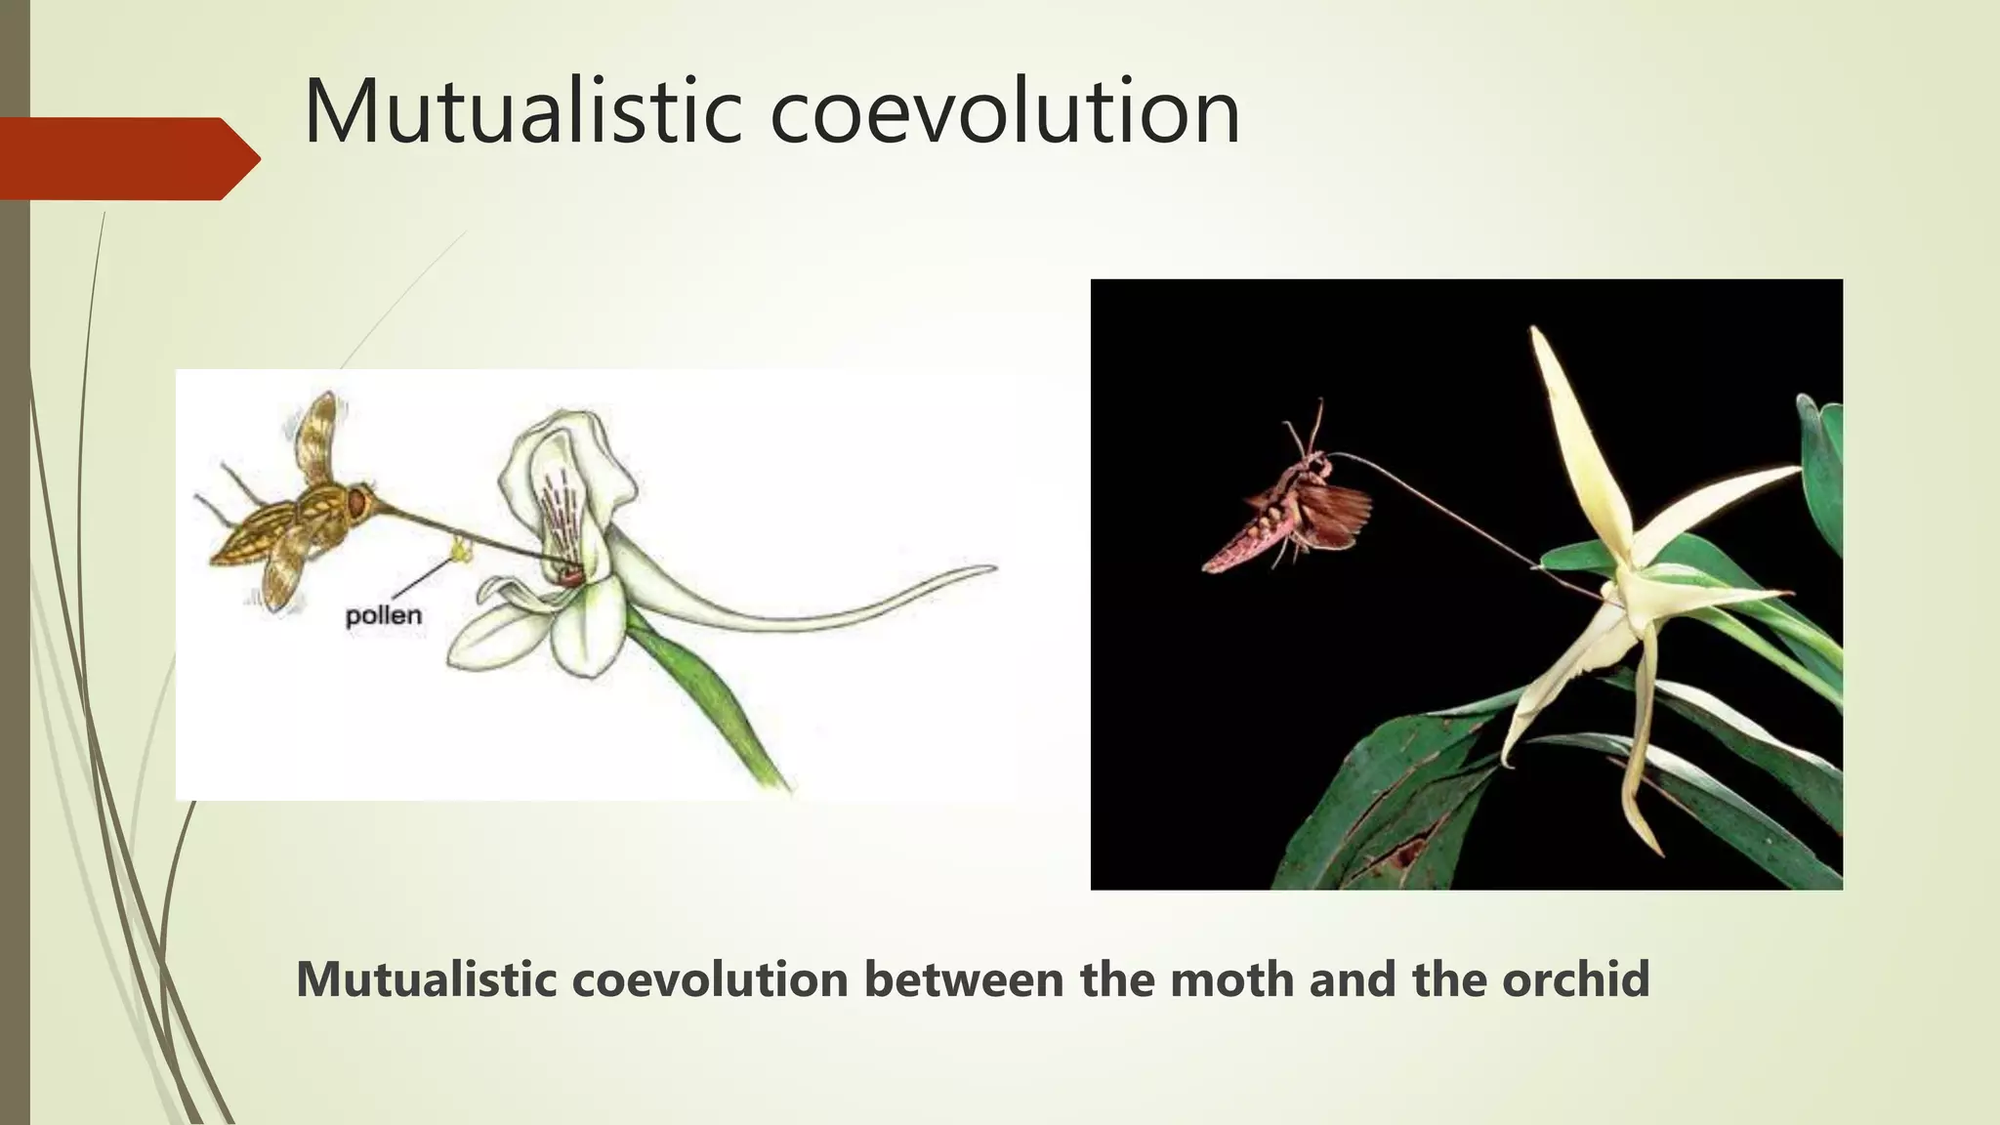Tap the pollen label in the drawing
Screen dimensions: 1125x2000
(x=384, y=616)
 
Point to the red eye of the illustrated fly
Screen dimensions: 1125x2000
(x=359, y=503)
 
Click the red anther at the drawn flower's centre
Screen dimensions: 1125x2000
(x=572, y=578)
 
